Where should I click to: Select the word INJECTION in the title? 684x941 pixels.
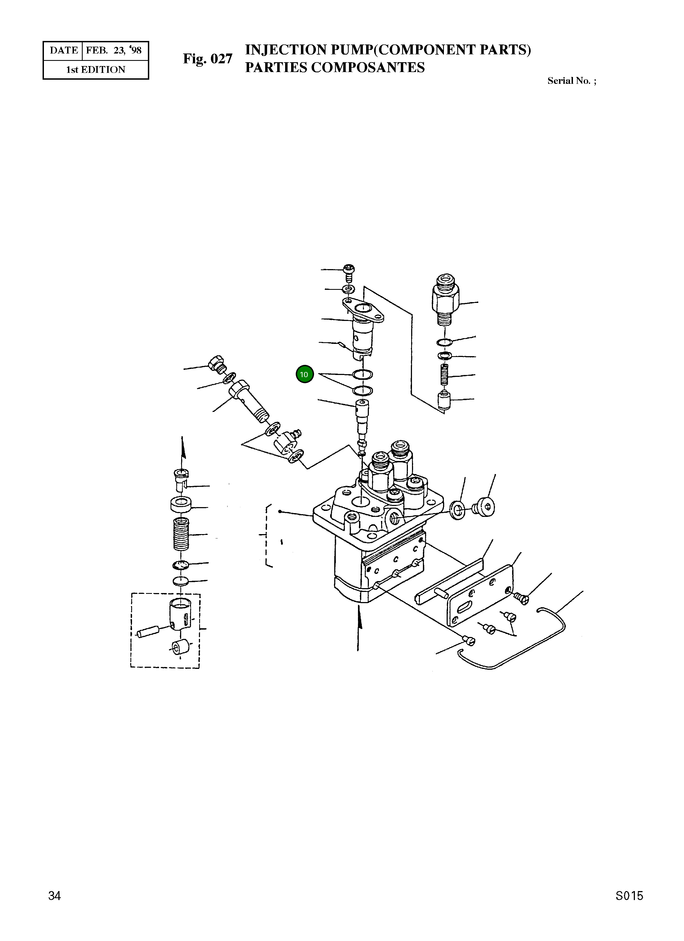(x=286, y=50)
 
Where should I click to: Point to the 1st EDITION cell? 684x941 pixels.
(x=96, y=70)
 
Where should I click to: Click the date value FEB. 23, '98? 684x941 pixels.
(x=114, y=50)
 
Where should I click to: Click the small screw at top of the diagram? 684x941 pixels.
(x=349, y=273)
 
